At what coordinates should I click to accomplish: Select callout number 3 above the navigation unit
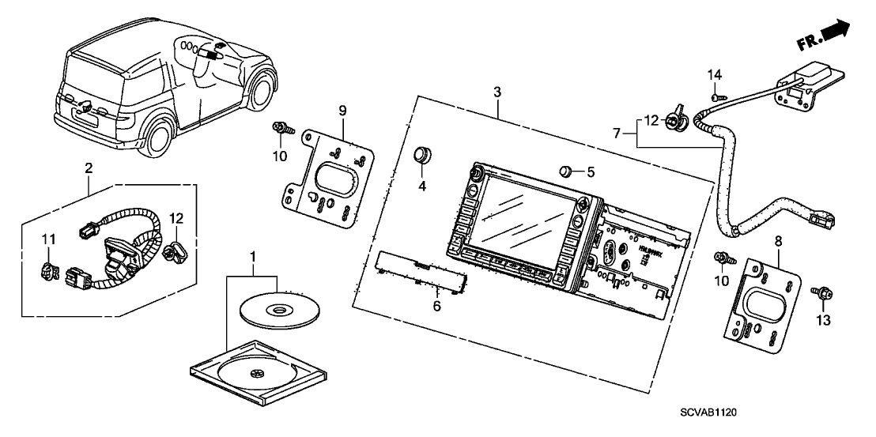click(497, 93)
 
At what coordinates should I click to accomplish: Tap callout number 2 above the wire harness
click(89, 168)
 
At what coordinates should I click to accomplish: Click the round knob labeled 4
click(425, 154)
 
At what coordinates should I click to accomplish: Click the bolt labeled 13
click(821, 294)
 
